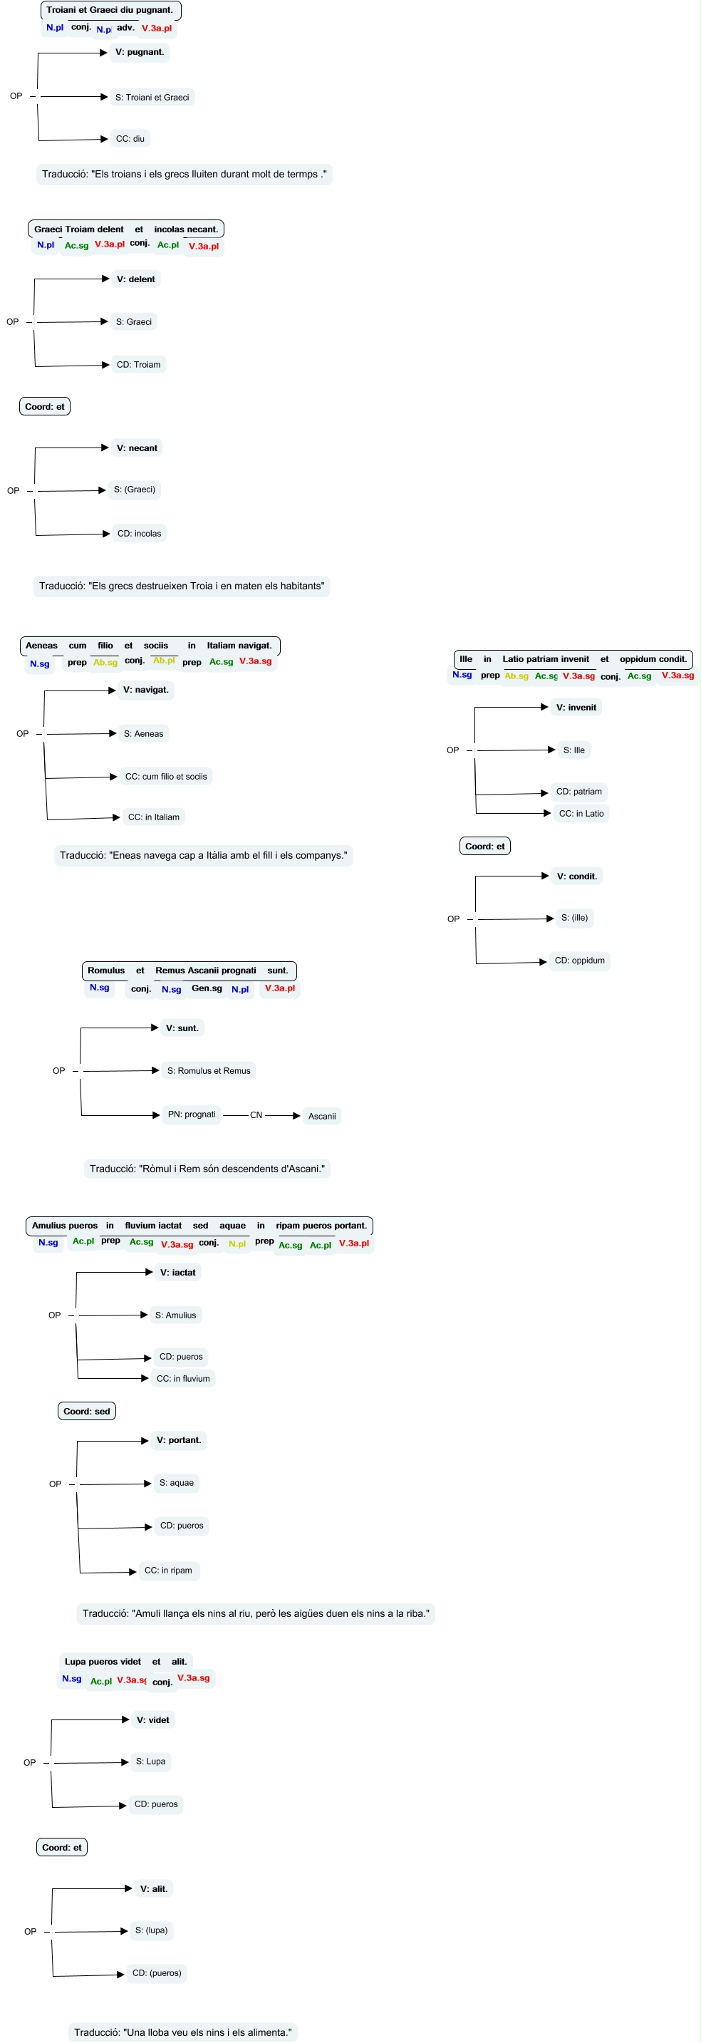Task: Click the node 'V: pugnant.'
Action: (x=140, y=52)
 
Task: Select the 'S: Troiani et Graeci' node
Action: (x=152, y=98)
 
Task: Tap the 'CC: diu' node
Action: (x=130, y=139)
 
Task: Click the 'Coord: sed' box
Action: (x=86, y=1411)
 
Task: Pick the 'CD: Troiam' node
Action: (x=139, y=365)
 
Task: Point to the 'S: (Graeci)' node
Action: (x=135, y=490)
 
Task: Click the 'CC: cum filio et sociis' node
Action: (x=166, y=777)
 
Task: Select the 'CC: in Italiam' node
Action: (x=154, y=817)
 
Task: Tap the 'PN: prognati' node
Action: (x=192, y=1114)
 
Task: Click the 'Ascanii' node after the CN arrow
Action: (x=322, y=1116)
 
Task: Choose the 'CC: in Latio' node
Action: (x=581, y=813)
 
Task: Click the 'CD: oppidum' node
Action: (x=580, y=961)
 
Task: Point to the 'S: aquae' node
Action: (x=177, y=1482)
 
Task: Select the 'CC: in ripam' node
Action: (x=168, y=1571)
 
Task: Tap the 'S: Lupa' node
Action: (x=150, y=1762)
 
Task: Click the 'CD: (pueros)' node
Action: (x=157, y=1972)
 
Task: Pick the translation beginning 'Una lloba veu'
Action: (x=182, y=2032)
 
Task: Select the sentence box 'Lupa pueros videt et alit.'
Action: (x=126, y=1662)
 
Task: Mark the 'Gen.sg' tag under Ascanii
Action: (x=207, y=988)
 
